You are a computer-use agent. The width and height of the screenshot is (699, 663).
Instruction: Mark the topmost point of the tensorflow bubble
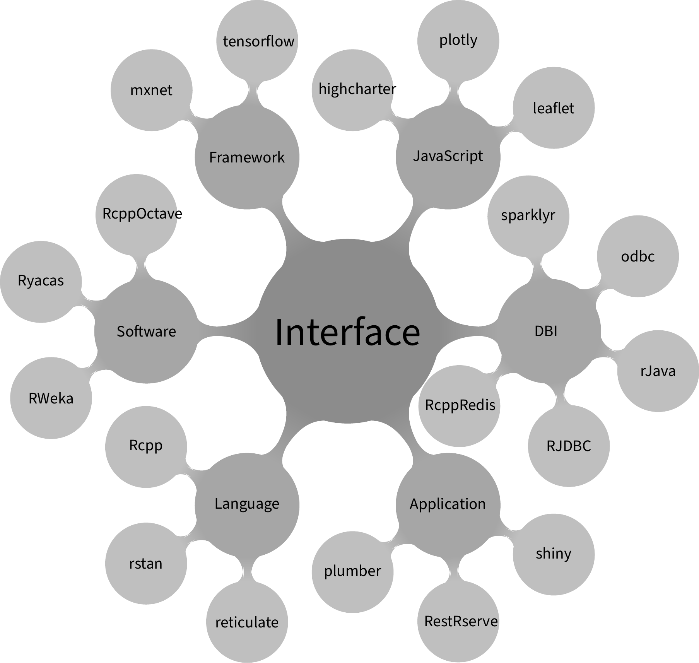coord(257,0)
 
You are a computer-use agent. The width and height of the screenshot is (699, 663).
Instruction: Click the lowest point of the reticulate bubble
coord(247,663)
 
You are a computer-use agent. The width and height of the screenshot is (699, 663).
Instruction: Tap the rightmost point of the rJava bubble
coord(699,371)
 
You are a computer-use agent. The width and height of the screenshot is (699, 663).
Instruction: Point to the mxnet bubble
coord(152,90)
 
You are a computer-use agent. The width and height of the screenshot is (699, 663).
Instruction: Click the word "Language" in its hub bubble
coord(247,504)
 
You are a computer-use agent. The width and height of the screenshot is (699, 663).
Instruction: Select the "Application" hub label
coord(448,504)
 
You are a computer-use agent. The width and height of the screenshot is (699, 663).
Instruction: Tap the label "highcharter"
coord(357,89)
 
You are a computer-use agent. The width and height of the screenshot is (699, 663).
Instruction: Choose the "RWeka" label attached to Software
coord(51,398)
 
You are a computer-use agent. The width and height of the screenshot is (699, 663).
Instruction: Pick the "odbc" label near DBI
coord(638,256)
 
